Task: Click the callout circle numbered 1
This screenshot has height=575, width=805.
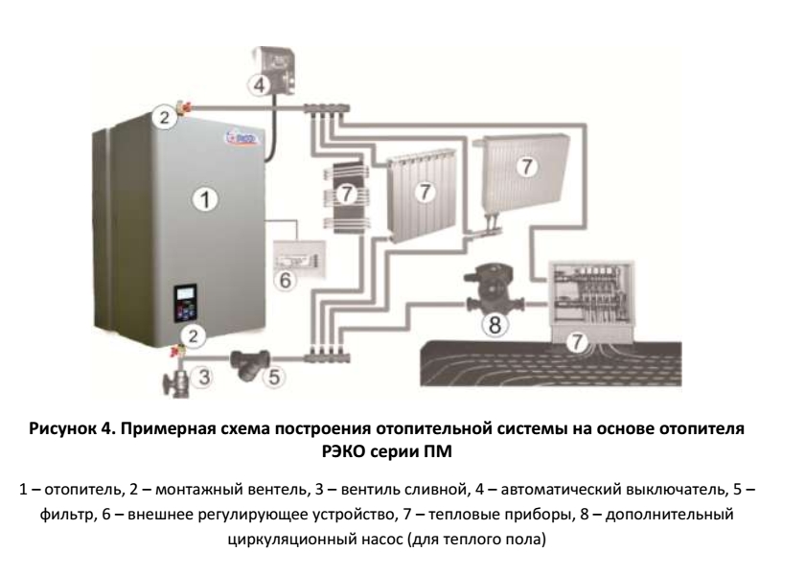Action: pyautogui.click(x=205, y=199)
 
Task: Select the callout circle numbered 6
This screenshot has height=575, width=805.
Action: pyautogui.click(x=285, y=280)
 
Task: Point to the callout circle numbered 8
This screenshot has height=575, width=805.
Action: pyautogui.click(x=494, y=325)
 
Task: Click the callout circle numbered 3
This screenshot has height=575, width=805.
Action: pyautogui.click(x=204, y=377)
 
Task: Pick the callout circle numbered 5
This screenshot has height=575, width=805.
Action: pyautogui.click(x=274, y=378)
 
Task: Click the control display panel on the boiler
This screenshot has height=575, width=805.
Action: pyautogui.click(x=185, y=303)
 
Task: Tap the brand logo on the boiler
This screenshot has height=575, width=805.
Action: pyautogui.click(x=243, y=138)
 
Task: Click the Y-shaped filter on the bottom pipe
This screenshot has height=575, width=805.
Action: pyautogui.click(x=250, y=363)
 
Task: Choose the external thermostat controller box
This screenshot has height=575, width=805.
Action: pyautogui.click(x=299, y=258)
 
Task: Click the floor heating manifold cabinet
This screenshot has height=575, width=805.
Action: pyautogui.click(x=592, y=301)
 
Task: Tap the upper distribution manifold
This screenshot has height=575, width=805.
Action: pyautogui.click(x=327, y=108)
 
